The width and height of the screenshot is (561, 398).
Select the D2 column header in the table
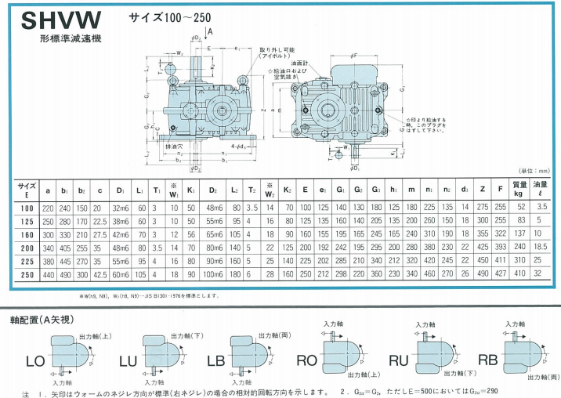tap(213, 190)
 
